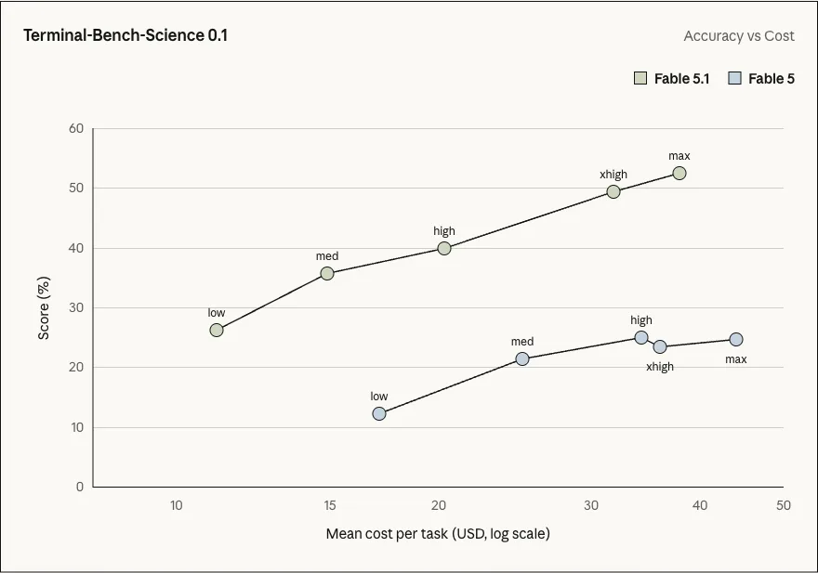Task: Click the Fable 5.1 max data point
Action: (679, 173)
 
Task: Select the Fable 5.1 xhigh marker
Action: (613, 192)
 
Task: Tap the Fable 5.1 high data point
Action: (444, 248)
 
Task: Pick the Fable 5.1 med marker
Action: (327, 273)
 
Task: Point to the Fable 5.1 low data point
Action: (217, 330)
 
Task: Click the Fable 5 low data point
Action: (379, 413)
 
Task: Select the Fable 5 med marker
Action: (522, 358)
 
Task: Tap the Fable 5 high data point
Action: (641, 337)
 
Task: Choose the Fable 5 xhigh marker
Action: (660, 346)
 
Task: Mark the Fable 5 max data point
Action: (736, 339)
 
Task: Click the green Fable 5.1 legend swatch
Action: (640, 78)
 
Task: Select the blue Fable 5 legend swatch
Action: (734, 78)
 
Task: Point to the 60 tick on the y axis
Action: (76, 128)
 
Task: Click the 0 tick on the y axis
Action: (80, 487)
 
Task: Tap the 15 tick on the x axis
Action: (330, 505)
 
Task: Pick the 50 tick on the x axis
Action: (783, 505)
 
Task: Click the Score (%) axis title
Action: (44, 308)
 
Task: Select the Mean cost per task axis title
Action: (438, 534)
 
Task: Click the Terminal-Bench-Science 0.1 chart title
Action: (125, 35)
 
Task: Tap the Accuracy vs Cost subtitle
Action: (739, 36)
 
